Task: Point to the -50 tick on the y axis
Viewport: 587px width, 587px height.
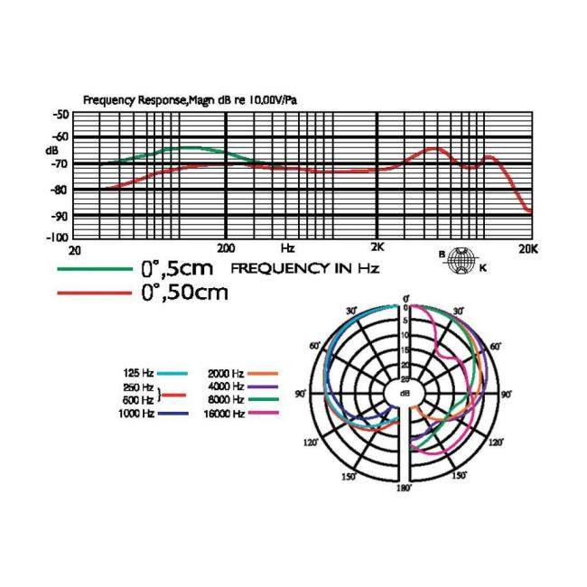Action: click(61, 114)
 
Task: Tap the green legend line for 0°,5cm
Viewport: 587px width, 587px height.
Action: click(94, 268)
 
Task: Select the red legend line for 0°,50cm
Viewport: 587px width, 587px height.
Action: click(94, 292)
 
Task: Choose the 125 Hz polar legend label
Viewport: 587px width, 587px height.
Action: click(139, 373)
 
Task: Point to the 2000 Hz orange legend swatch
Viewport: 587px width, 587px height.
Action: click(263, 373)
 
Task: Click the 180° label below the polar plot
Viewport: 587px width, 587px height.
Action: click(405, 488)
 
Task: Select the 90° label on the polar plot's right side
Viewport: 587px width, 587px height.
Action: click(507, 395)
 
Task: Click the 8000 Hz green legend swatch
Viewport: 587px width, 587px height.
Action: click(263, 399)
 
